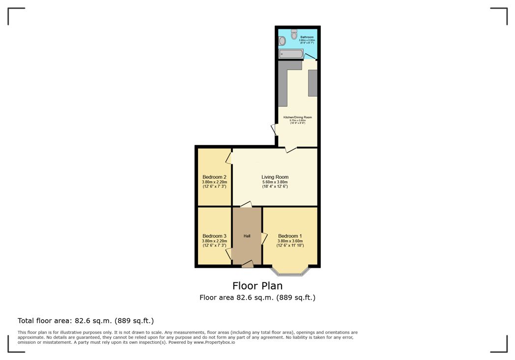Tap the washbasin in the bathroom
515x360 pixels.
(282, 40)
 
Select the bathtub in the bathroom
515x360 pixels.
(290, 54)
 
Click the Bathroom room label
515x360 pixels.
(307, 37)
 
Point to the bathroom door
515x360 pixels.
(310, 56)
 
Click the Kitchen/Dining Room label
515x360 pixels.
(297, 117)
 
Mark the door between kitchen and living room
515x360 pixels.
(290, 148)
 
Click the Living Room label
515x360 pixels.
(275, 177)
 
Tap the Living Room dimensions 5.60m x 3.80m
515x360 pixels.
(275, 182)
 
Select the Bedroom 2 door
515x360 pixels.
(229, 158)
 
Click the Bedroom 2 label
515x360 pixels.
(214, 177)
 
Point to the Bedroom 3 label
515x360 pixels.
(214, 236)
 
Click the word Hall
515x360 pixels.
(247, 236)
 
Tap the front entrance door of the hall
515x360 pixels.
(248, 265)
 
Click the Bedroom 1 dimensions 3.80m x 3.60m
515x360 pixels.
(290, 241)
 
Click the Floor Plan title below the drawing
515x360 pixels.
(257, 285)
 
